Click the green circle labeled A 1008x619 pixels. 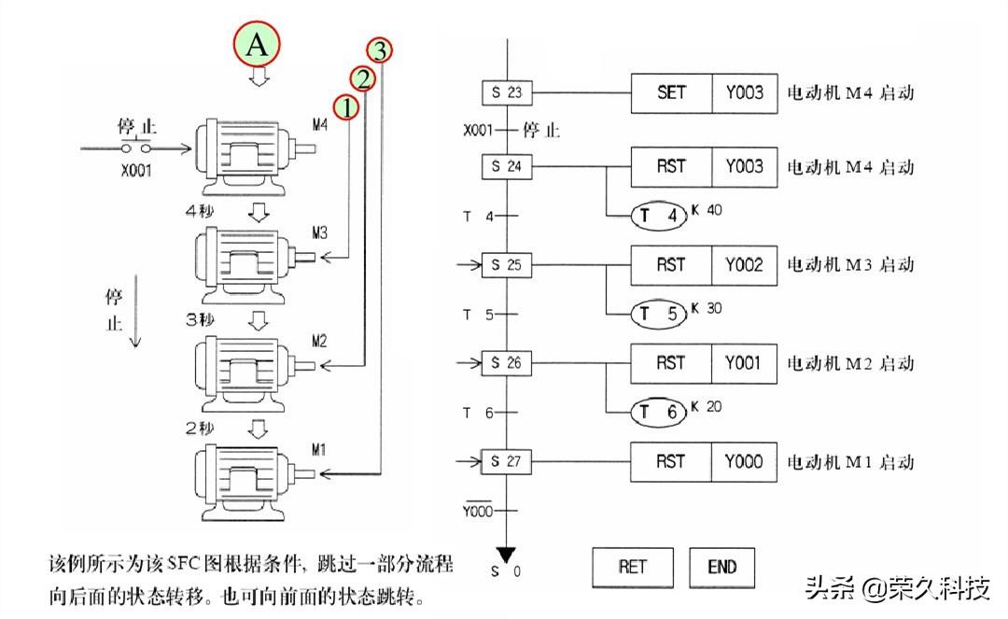258,45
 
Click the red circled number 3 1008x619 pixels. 380,49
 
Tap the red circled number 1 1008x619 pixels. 346,107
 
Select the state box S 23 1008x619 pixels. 507,92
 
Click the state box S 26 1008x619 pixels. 507,363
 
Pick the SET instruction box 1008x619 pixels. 671,92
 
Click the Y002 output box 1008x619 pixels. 744,265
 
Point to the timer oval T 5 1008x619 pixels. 659,314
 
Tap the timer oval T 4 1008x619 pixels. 659,216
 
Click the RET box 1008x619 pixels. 632,566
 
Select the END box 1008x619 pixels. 721,566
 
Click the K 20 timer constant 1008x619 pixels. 707,406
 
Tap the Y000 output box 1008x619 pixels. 744,461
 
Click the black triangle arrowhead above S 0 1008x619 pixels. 506,552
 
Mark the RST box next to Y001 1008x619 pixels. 671,363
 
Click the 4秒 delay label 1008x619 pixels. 201,212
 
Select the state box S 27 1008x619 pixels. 507,461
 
